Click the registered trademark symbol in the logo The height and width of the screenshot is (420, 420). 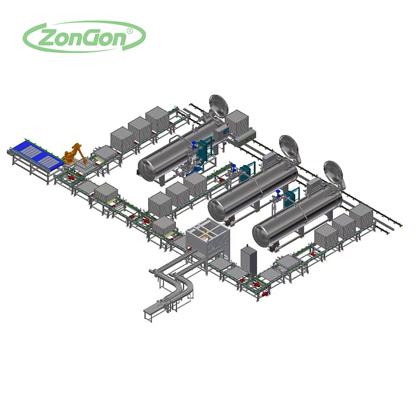[x=129, y=31]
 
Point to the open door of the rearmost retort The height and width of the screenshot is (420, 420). [x=218, y=107]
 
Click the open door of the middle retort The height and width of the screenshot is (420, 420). [x=288, y=147]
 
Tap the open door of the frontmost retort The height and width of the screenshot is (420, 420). [x=333, y=173]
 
